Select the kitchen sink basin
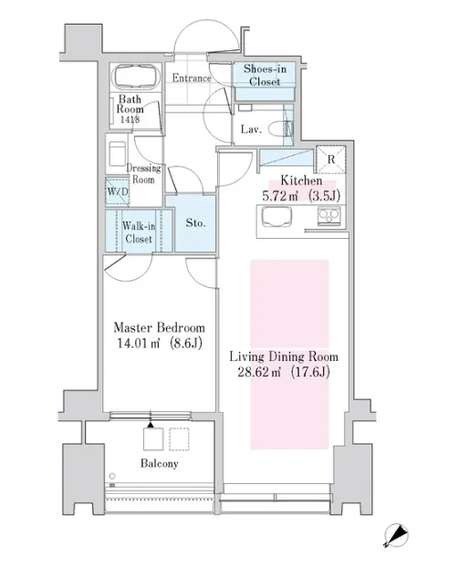(276, 216)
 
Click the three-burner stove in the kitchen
(329, 216)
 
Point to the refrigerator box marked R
(331, 160)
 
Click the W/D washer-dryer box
(118, 191)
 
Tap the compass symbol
(396, 535)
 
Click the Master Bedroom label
(160, 327)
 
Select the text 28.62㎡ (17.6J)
(284, 372)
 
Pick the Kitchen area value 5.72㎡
(280, 196)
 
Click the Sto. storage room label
(195, 222)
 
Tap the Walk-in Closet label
(139, 232)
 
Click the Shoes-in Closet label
(265, 75)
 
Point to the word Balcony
(160, 463)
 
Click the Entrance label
(192, 77)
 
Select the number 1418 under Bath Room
(130, 119)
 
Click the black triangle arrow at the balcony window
(151, 425)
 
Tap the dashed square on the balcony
(179, 439)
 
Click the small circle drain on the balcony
(112, 476)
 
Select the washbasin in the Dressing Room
(117, 153)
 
